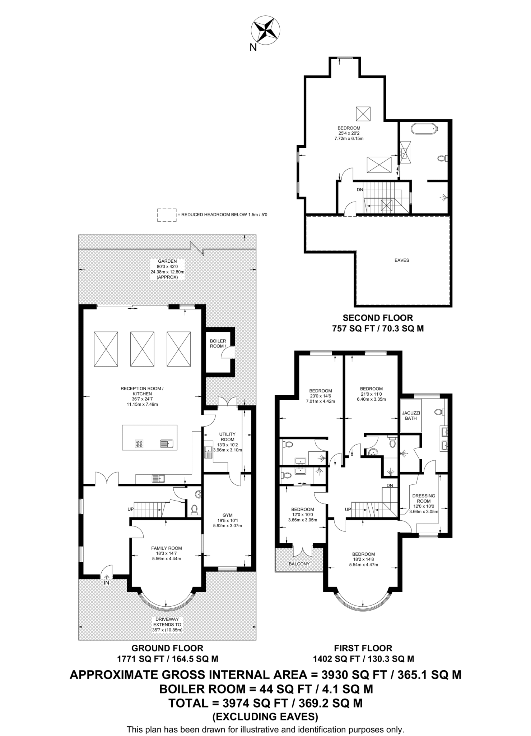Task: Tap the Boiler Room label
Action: coord(218,343)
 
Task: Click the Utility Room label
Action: coord(227,437)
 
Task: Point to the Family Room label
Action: coord(166,548)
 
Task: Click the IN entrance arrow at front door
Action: coord(107,579)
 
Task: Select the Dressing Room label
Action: coord(424,498)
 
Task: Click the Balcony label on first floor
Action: coord(299,564)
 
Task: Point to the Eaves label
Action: coord(402,260)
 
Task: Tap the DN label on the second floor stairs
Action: coord(360,190)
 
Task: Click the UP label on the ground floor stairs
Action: coord(131,509)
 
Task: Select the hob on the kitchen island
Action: coord(139,444)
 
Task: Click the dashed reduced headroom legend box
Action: coord(167,215)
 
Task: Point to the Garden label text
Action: coord(167,261)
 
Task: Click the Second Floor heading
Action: coord(378,318)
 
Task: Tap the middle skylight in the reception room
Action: coord(142,349)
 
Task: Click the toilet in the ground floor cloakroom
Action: coord(194,509)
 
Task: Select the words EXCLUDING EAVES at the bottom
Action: coord(265,717)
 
